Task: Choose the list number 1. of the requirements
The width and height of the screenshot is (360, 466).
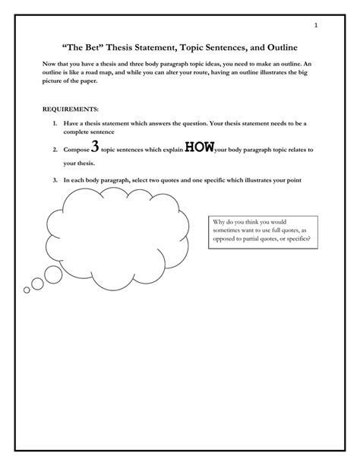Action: pyautogui.click(x=55, y=122)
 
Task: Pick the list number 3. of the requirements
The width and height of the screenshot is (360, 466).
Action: pyautogui.click(x=55, y=180)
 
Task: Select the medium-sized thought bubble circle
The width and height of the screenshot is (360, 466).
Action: pyautogui.click(x=36, y=284)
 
